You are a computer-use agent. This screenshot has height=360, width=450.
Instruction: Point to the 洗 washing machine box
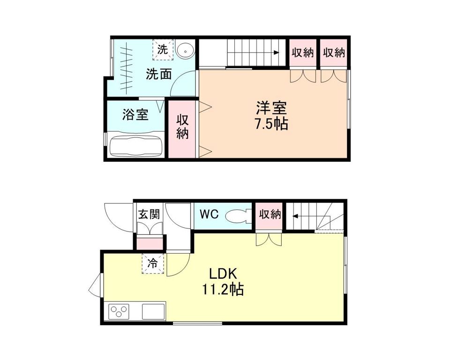pos(163,49)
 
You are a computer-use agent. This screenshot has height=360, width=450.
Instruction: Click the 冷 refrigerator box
pos(153,263)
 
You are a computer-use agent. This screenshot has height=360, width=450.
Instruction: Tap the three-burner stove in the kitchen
pos(120,311)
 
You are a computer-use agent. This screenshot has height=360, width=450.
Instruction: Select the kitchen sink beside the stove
pos(153,311)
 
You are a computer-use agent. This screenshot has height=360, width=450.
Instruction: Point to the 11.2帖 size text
pos(223,290)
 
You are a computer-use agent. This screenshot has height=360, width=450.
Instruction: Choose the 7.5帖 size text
pos(271,125)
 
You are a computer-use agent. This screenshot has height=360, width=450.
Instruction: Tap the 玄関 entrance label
pos(149,214)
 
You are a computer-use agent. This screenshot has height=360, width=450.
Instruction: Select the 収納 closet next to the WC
pos(270,215)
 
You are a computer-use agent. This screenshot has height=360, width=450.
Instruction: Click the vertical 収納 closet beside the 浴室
pos(182,127)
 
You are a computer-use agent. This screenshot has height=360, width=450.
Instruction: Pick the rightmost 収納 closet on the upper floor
pos(334,52)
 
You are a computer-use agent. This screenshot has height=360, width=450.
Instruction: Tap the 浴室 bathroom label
pos(135,114)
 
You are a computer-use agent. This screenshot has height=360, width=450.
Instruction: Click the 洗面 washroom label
pos(158,74)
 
